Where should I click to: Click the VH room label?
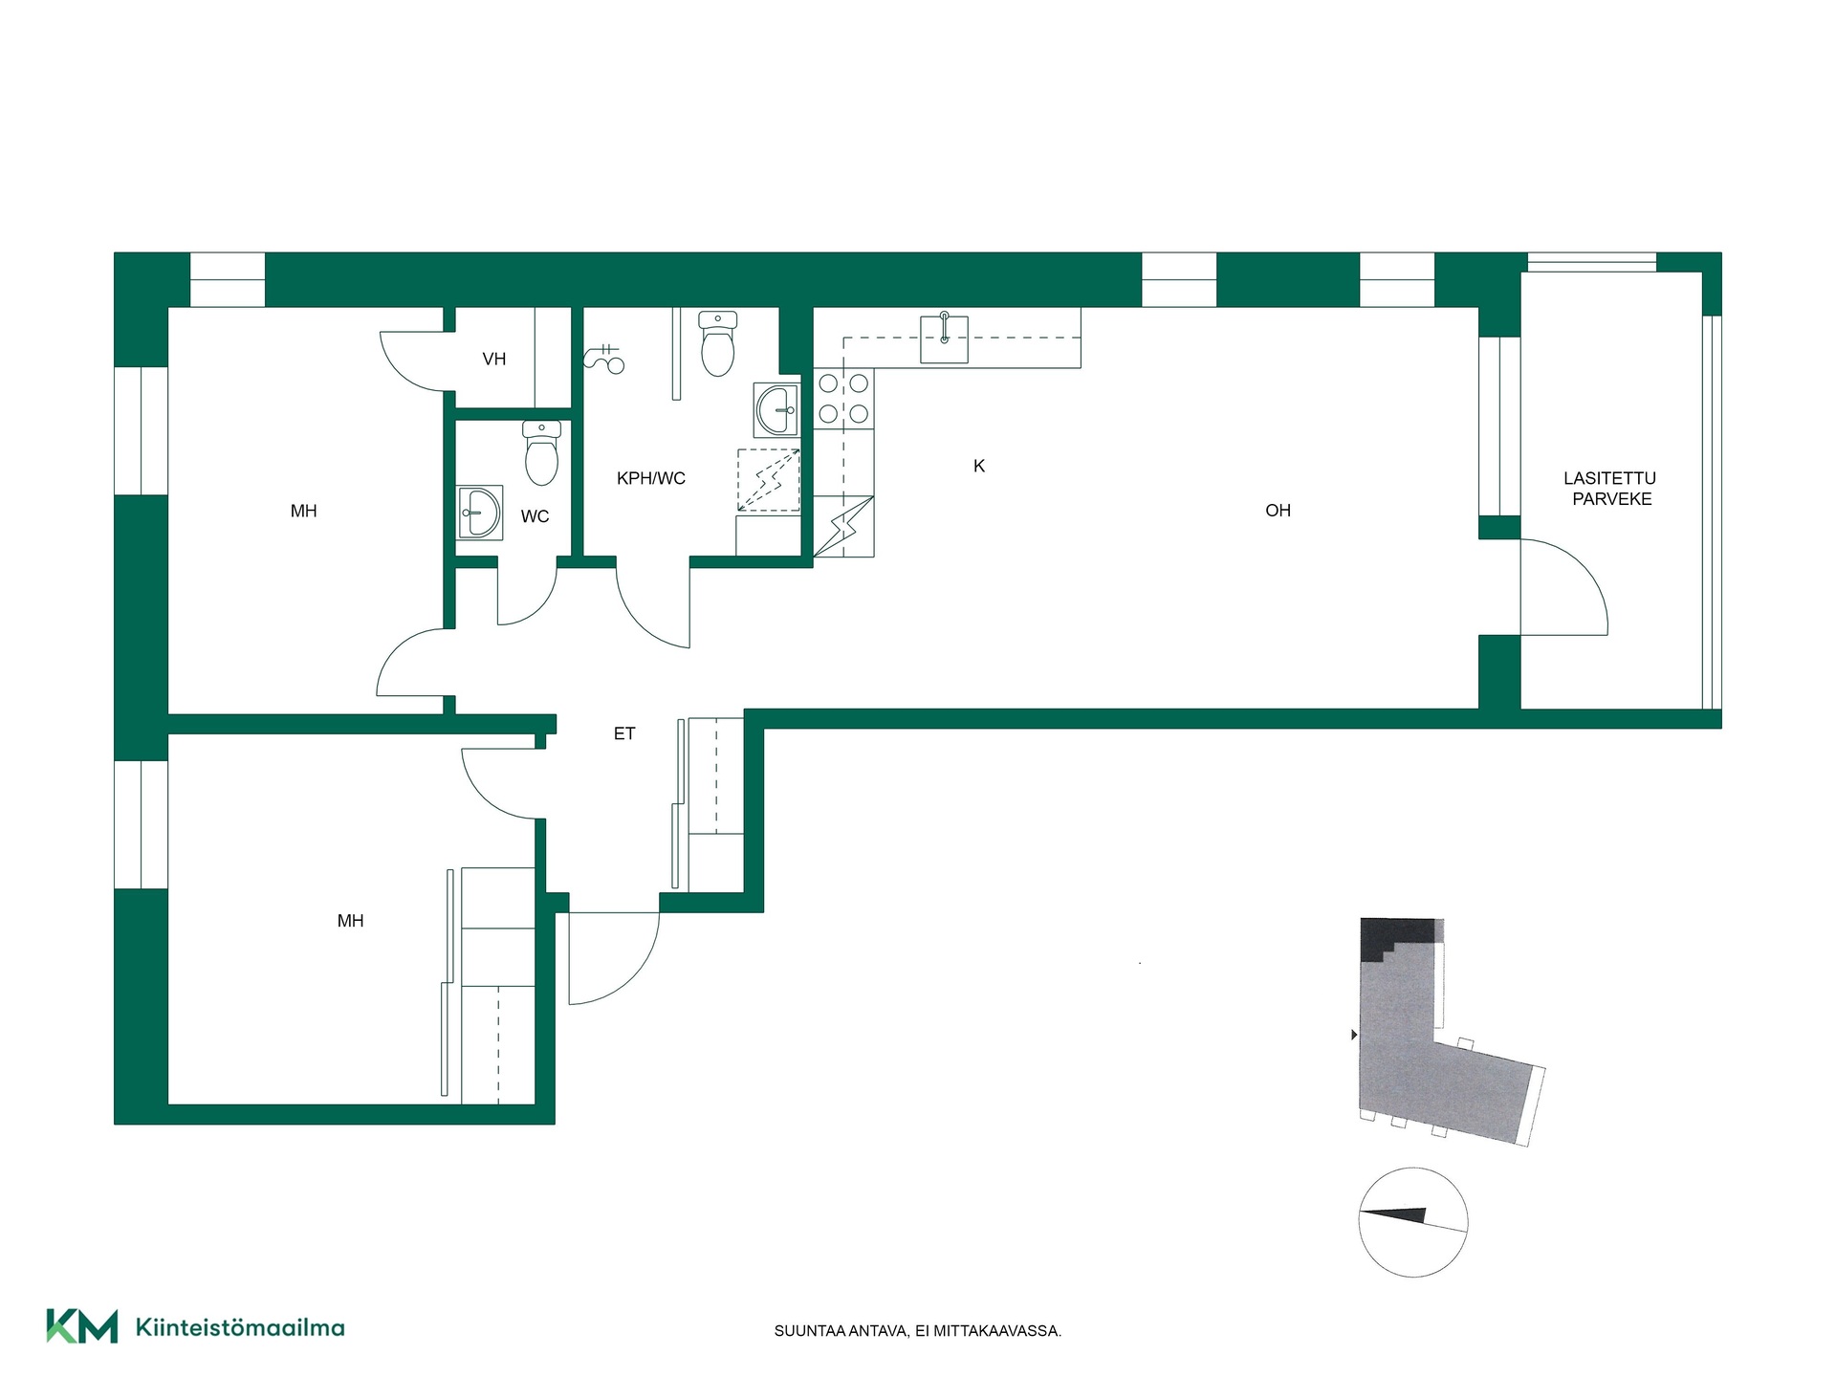tap(494, 360)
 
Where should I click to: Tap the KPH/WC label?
tap(651, 478)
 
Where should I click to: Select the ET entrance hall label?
tap(624, 733)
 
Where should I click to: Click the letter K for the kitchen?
tap(979, 466)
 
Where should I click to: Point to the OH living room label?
tap(1279, 511)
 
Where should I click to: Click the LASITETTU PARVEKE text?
tap(1610, 488)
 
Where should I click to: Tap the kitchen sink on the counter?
tap(944, 338)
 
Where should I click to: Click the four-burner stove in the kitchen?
tap(843, 399)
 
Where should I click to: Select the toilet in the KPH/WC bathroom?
tap(717, 343)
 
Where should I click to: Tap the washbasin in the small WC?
tap(479, 514)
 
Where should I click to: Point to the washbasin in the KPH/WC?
tap(776, 410)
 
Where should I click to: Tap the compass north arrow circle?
tap(1412, 1222)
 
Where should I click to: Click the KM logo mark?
tap(82, 1326)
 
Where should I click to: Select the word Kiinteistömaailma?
tap(240, 1327)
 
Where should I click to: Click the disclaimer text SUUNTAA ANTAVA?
tap(841, 1331)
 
